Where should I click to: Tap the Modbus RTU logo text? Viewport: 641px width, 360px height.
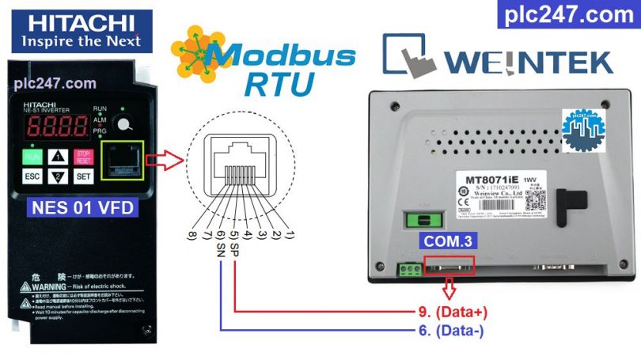253,66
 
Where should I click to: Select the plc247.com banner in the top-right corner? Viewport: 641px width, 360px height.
568,15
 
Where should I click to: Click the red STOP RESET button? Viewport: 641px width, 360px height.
84,156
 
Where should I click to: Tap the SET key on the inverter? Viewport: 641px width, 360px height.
84,176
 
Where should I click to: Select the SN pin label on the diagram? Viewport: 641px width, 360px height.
221,249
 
